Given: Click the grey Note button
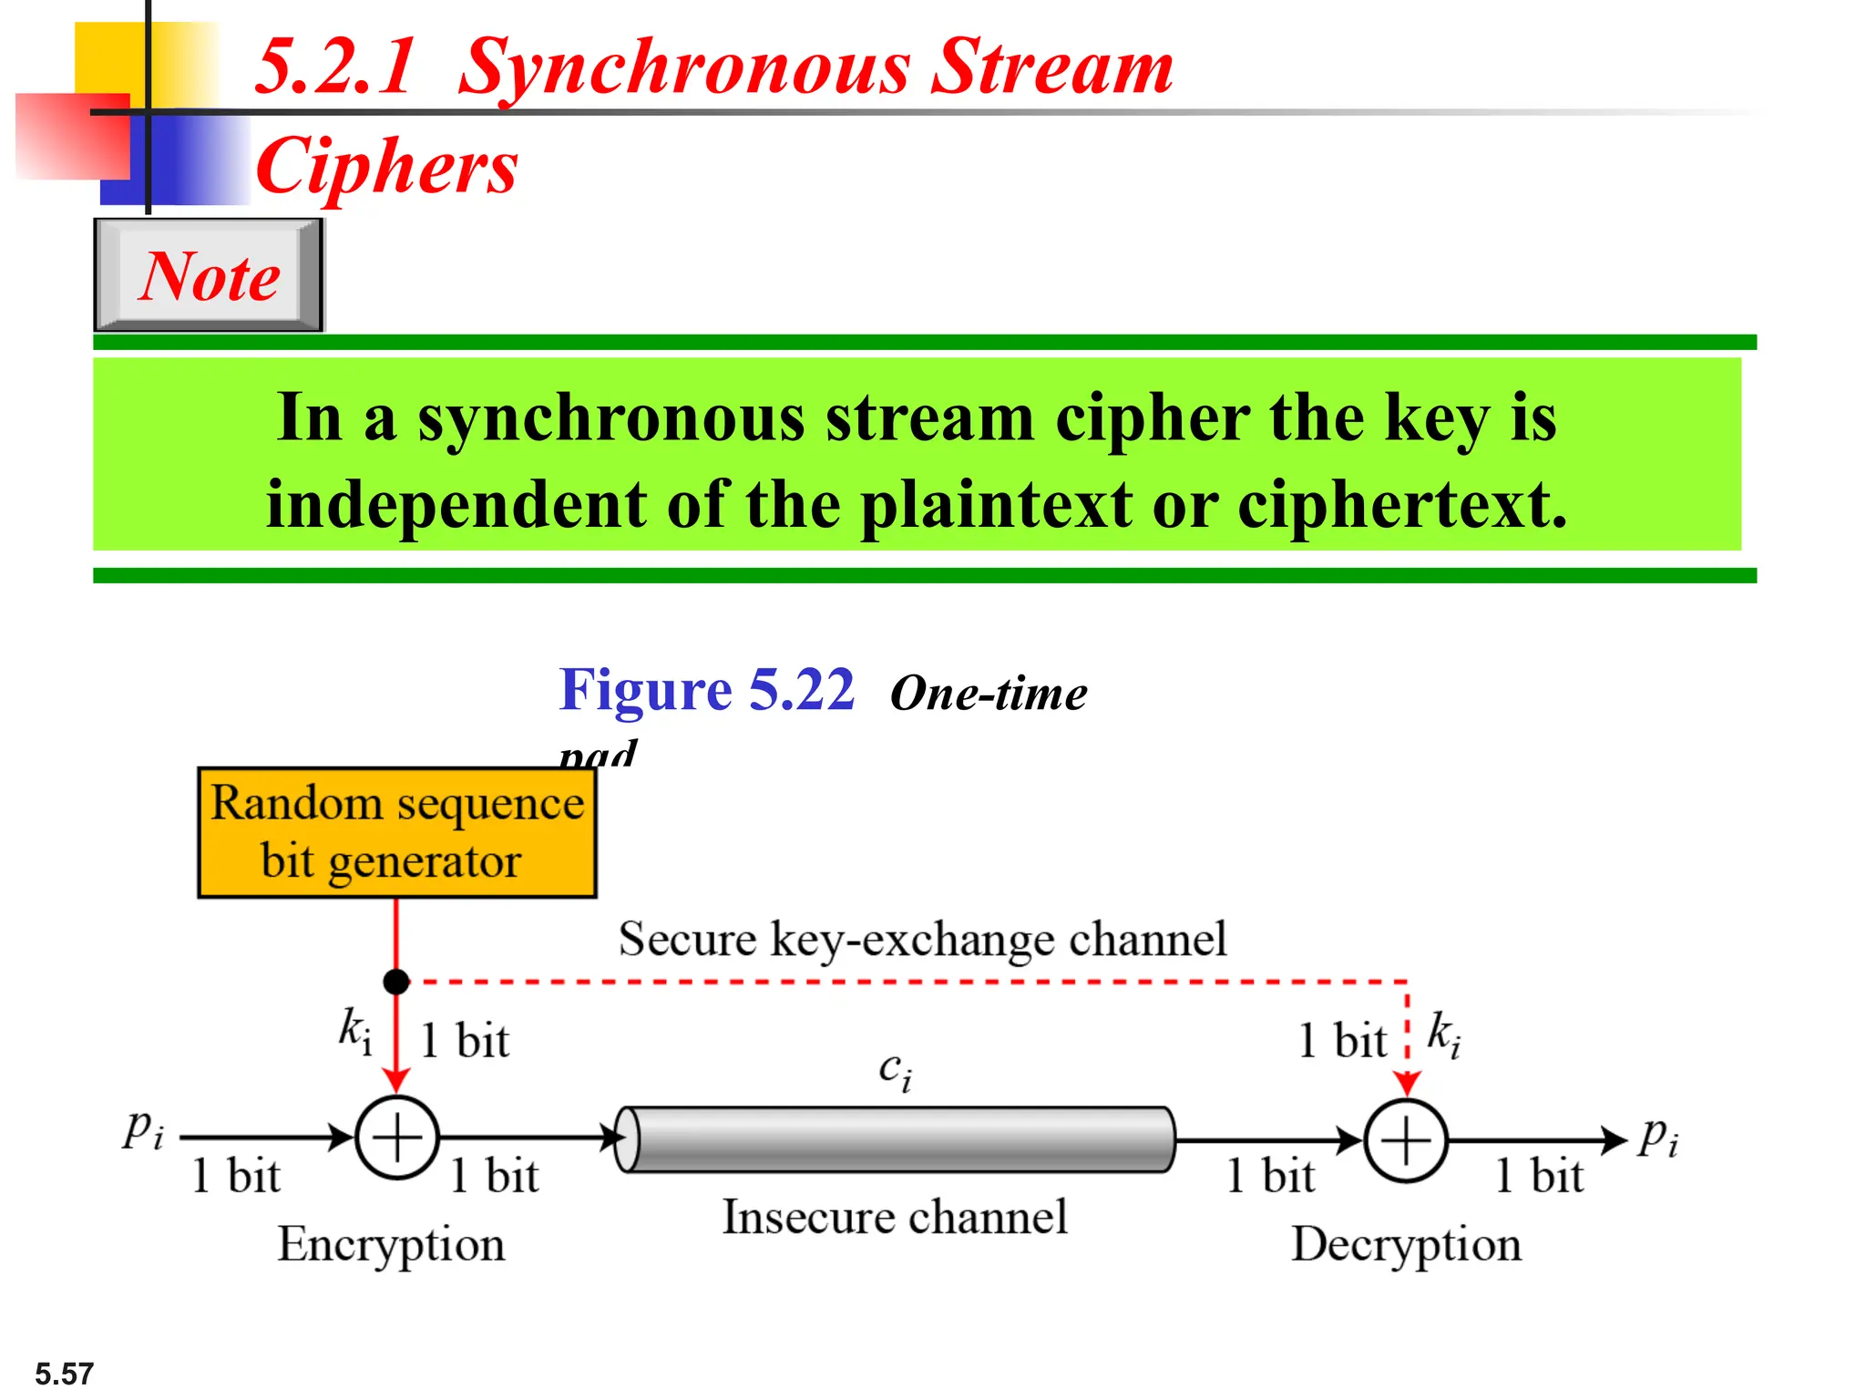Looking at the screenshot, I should [x=209, y=275].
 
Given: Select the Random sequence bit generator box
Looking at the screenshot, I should [x=396, y=832].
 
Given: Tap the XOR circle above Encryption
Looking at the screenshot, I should [x=397, y=1137].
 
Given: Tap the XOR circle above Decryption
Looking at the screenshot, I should [x=1406, y=1140].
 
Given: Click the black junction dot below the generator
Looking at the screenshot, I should [x=396, y=982].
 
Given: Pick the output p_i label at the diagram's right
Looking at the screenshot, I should [x=1658, y=1137].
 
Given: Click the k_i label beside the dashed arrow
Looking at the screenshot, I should [x=1444, y=1035].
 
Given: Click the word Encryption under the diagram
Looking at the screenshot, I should [x=391, y=1245].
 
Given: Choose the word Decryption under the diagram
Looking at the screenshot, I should [x=1406, y=1245].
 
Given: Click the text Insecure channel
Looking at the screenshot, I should [x=895, y=1217].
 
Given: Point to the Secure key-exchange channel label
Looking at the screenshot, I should [x=922, y=939].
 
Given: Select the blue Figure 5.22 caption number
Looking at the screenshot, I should [x=707, y=690].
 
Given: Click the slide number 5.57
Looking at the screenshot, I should [x=64, y=1374].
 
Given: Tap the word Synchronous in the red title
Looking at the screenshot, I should [x=683, y=68].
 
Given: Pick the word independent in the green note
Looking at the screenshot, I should [x=456, y=504].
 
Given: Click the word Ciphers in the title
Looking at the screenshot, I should [x=387, y=167].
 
